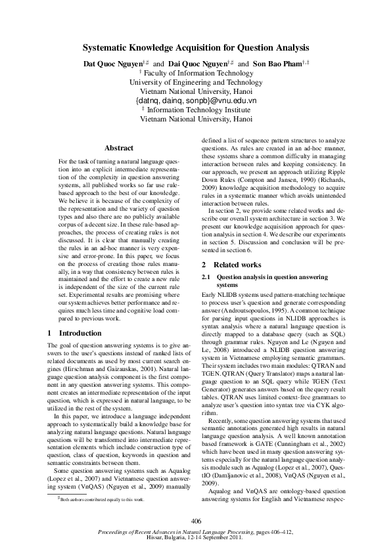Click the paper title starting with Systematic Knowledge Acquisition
195,48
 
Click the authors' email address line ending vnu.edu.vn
195,101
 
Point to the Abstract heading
119,148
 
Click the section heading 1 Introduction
75,333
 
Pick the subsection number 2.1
208,278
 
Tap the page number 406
195,520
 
